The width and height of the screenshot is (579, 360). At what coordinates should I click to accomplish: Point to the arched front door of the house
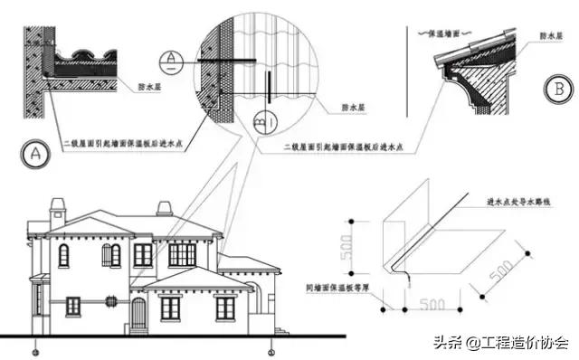click(x=138, y=313)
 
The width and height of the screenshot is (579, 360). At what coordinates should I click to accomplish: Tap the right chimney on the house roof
click(x=164, y=208)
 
